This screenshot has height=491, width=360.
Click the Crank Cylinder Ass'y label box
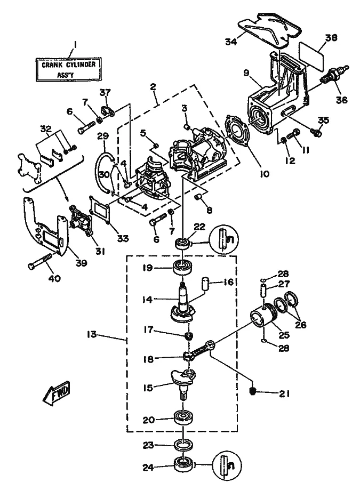(x=69, y=69)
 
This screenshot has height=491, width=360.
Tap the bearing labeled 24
(x=183, y=464)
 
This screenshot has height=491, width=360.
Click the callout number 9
(x=246, y=73)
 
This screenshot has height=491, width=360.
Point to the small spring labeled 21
(x=254, y=392)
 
